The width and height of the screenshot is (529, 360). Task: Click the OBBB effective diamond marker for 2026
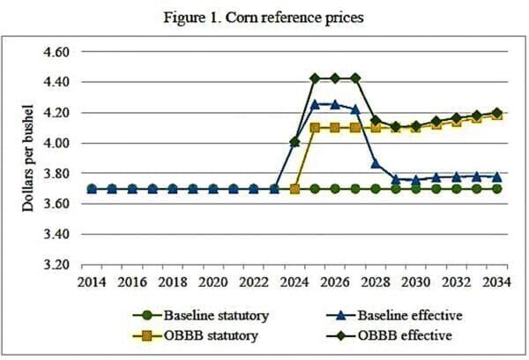335,78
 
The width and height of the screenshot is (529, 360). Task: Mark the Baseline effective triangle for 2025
315,103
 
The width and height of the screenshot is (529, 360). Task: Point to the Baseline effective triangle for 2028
376,162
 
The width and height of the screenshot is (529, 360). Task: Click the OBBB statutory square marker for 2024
294,189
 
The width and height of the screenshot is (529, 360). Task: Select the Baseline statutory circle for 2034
496,189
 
